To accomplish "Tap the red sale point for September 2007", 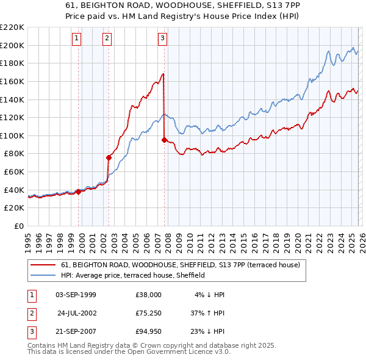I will point(164,140).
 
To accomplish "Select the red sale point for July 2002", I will point(109,157).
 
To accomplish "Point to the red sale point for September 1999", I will point(78,191).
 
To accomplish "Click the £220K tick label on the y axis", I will point(12,27).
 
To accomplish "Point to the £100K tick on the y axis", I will point(12,135).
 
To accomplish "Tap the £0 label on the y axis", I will point(18,226).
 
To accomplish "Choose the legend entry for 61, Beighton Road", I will point(180,265).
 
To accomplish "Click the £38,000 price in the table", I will point(149,295).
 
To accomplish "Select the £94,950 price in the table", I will point(149,333).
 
